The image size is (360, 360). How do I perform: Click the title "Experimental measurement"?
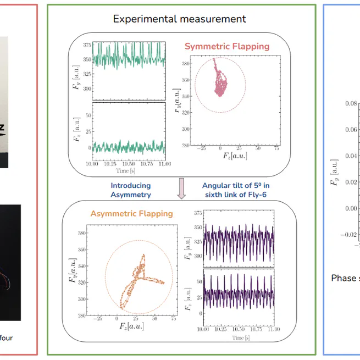pyautogui.click(x=179, y=19)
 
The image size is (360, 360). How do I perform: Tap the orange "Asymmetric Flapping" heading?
pyautogui.click(x=131, y=213)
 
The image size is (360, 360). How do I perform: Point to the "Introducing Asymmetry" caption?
pyautogui.click(x=131, y=190)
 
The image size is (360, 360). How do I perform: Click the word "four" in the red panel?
pyautogui.click(x=7, y=338)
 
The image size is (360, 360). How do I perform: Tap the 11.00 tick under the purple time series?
pyautogui.click(x=274, y=329)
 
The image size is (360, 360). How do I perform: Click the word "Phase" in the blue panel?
pyautogui.click(x=344, y=278)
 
